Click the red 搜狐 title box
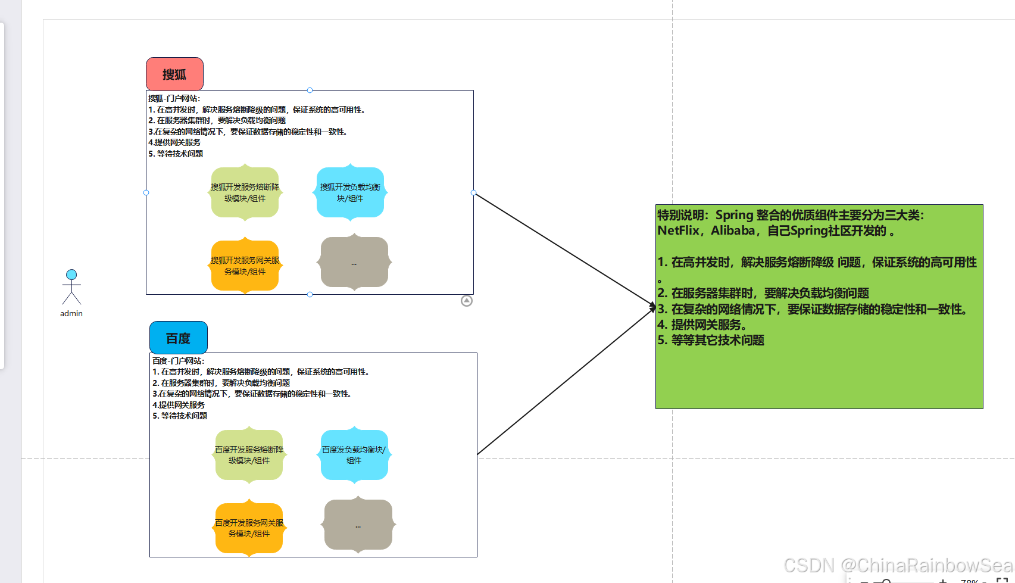point(174,74)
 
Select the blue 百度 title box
point(179,338)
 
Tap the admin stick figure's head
point(71,275)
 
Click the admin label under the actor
point(71,313)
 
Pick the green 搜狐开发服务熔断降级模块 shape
point(245,192)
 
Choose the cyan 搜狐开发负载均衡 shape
point(350,192)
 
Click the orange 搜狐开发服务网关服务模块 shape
point(245,266)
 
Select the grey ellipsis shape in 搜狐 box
point(354,262)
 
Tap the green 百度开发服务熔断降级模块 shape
point(249,455)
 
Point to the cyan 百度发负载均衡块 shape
point(354,455)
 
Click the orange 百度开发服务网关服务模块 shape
point(249,528)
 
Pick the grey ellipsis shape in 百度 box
point(358,525)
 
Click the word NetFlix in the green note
point(678,230)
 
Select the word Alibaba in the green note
point(733,230)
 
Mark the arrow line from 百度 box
point(566,381)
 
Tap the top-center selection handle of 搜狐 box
point(310,90)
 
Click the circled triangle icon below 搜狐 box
point(467,301)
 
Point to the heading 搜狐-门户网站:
point(174,98)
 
